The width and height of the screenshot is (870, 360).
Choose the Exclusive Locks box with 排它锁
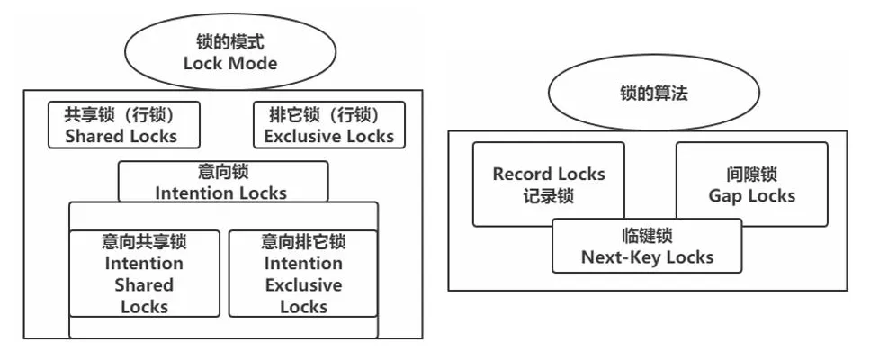[328, 126]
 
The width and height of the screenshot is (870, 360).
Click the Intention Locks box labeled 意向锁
[222, 182]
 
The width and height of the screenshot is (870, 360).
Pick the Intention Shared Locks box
[144, 274]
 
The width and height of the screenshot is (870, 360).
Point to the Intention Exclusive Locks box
[303, 274]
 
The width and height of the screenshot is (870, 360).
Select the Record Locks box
[548, 184]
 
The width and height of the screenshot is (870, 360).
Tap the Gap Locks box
[751, 184]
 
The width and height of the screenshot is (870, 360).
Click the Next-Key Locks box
[647, 247]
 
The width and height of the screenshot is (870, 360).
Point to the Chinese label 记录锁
[548, 196]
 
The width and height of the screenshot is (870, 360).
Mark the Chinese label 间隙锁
[751, 174]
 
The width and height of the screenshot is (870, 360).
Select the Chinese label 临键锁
[647, 236]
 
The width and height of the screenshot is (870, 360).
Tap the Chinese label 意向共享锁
[144, 242]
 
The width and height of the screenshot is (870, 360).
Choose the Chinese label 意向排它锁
[303, 242]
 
